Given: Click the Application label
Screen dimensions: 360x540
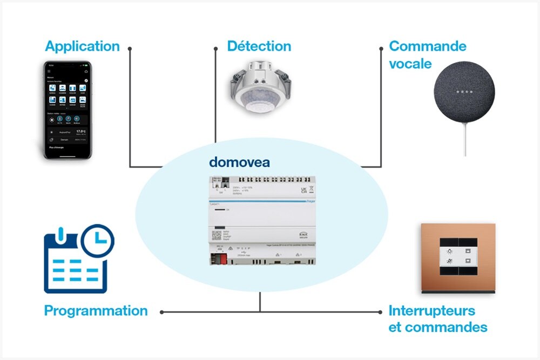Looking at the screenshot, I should pos(82,46).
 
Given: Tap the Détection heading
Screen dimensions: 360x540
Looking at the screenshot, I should pos(259,46).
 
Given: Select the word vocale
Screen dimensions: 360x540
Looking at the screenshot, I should pos(410,64).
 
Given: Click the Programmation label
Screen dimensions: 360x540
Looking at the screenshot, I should pos(96,311).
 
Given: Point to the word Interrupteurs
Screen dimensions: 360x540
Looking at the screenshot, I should pos(432,311).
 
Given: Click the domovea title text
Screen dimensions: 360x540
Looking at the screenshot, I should pos(239,162).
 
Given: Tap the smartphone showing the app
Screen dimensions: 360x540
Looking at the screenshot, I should pos(67,110).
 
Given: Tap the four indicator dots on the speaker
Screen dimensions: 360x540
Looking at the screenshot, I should pos(464,92).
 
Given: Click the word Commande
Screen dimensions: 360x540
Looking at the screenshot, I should pos(428,46).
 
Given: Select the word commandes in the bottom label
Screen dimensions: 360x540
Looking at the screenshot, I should pos(446,327).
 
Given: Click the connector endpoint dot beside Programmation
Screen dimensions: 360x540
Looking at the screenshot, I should pos(161,312).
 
